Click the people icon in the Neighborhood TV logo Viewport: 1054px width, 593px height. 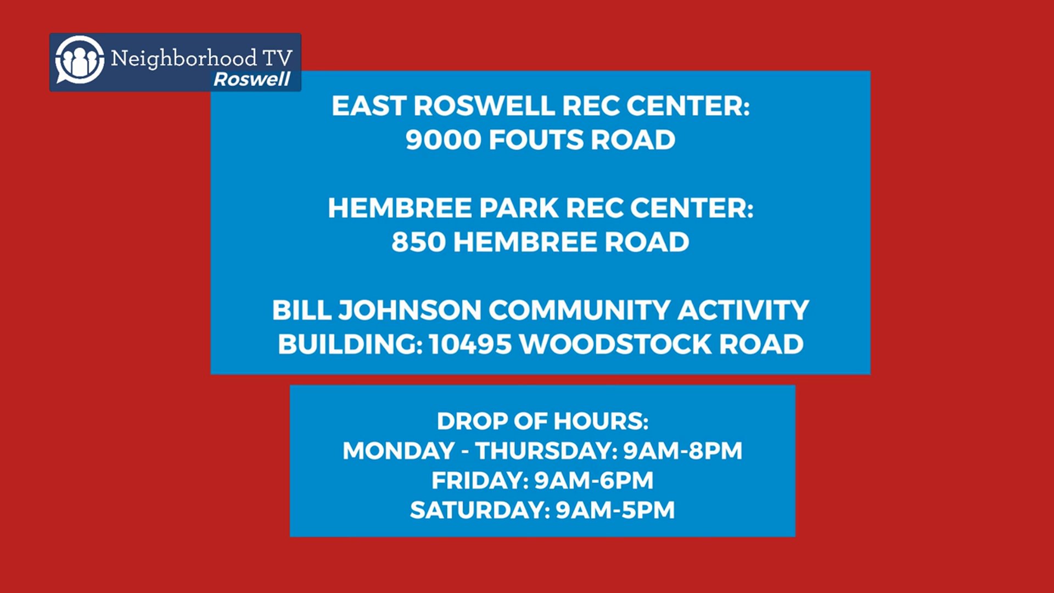(x=80, y=60)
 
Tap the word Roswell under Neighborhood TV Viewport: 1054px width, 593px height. (x=252, y=79)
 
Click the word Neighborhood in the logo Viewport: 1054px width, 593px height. (x=184, y=58)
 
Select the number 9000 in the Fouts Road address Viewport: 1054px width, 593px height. (x=444, y=139)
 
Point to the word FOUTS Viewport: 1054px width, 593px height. (x=535, y=139)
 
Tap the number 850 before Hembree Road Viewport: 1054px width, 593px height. (x=419, y=242)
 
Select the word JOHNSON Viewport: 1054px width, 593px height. (x=410, y=310)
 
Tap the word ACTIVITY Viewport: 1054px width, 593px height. (x=743, y=310)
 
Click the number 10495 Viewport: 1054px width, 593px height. (x=470, y=344)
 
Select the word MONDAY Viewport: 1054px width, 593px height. (x=399, y=451)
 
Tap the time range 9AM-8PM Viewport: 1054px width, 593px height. (x=683, y=451)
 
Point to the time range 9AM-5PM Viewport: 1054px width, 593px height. (x=615, y=510)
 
